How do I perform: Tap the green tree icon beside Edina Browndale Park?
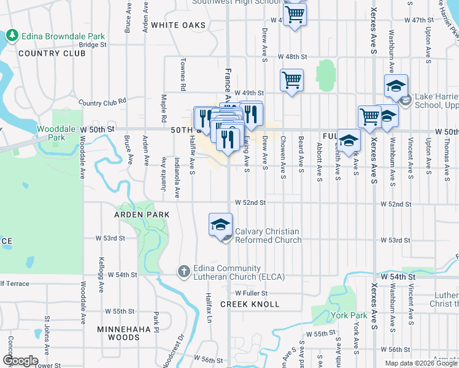coord(12,36)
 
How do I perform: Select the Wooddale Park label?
coord(52,133)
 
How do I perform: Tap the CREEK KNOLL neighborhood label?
coord(250,304)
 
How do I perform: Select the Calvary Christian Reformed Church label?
coord(268,236)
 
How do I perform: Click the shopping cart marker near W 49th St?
coord(291,80)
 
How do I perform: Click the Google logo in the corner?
coord(20,361)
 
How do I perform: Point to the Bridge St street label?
coord(93,45)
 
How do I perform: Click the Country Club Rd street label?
coord(102,102)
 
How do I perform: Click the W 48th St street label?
coord(292,56)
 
